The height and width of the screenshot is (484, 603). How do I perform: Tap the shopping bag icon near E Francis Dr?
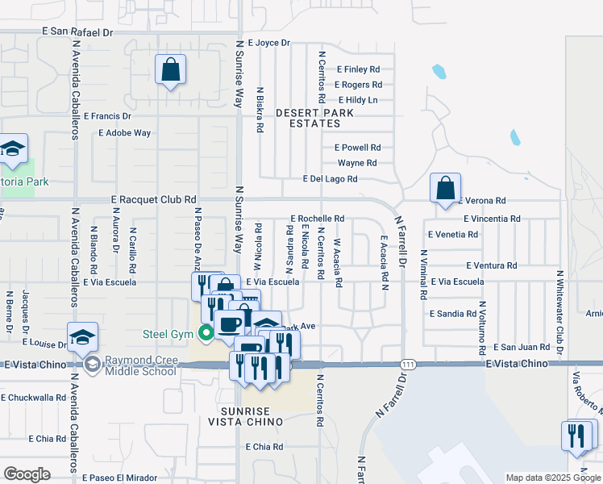coord(171,71)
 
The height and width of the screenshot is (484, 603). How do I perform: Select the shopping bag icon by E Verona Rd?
coord(445,190)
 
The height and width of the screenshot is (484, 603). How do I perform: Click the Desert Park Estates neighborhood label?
coord(314,118)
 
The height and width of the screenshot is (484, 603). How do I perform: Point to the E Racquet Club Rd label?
coord(153,199)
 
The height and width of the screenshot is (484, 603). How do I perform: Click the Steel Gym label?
coord(170,332)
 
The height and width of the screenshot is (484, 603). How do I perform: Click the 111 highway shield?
coord(409,365)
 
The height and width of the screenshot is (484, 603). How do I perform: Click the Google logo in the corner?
coord(27,474)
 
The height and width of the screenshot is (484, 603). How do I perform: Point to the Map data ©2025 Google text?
coord(553,478)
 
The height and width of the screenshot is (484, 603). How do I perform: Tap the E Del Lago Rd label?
coord(330,179)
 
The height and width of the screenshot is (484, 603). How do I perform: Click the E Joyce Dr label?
coord(268,43)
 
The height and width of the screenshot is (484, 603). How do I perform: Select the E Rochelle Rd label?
coord(317,219)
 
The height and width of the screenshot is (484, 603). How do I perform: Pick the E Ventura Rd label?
coord(491,265)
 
